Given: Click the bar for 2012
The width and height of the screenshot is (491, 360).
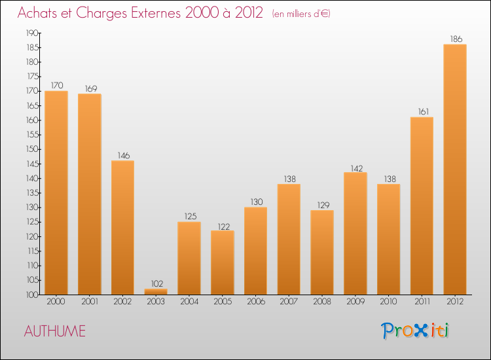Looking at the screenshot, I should pyautogui.click(x=455, y=170).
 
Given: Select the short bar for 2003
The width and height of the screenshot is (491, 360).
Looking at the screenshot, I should pyautogui.click(x=156, y=292).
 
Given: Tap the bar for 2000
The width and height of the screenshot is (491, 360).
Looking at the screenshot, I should pyautogui.click(x=56, y=193).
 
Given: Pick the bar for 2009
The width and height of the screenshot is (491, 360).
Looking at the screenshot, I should pyautogui.click(x=355, y=234).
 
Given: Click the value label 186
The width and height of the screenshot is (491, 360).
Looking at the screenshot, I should pyautogui.click(x=455, y=39).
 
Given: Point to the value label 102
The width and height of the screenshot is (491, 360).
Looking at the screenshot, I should pyautogui.click(x=156, y=283).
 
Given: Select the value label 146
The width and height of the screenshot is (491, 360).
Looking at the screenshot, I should pyautogui.click(x=123, y=155).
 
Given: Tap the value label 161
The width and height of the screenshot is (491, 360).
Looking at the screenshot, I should pyautogui.click(x=422, y=111).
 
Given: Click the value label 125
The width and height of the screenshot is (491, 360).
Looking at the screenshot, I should pyautogui.click(x=189, y=216).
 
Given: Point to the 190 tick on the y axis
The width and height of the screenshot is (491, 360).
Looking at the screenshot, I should pyautogui.click(x=31, y=33).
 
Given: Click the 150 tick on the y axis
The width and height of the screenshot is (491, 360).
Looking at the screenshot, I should pyautogui.click(x=31, y=149).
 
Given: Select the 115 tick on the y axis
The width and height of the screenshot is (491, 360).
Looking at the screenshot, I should pyautogui.click(x=31, y=251).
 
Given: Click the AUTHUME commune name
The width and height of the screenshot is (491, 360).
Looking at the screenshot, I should pyautogui.click(x=55, y=331).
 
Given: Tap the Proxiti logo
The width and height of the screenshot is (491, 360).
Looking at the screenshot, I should pyautogui.click(x=415, y=331).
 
